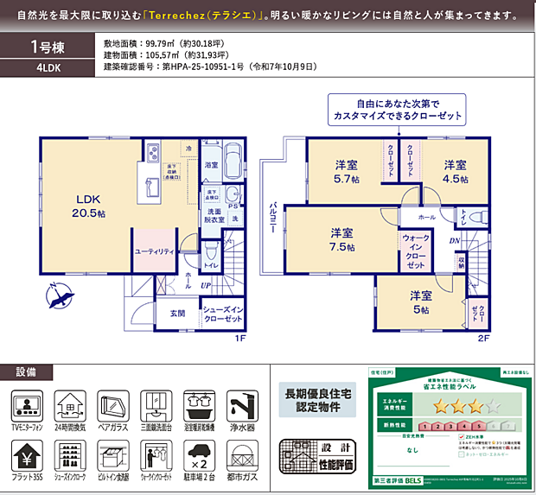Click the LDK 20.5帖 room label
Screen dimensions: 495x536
click(90, 204)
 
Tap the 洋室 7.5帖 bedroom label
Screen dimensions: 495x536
click(341, 239)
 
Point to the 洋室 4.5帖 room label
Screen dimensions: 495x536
click(456, 172)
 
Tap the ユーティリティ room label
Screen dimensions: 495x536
click(155, 251)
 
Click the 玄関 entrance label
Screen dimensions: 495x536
click(177, 313)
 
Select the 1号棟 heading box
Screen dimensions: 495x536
click(48, 47)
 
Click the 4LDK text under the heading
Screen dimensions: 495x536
click(48, 68)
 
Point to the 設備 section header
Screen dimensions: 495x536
click(27, 372)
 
